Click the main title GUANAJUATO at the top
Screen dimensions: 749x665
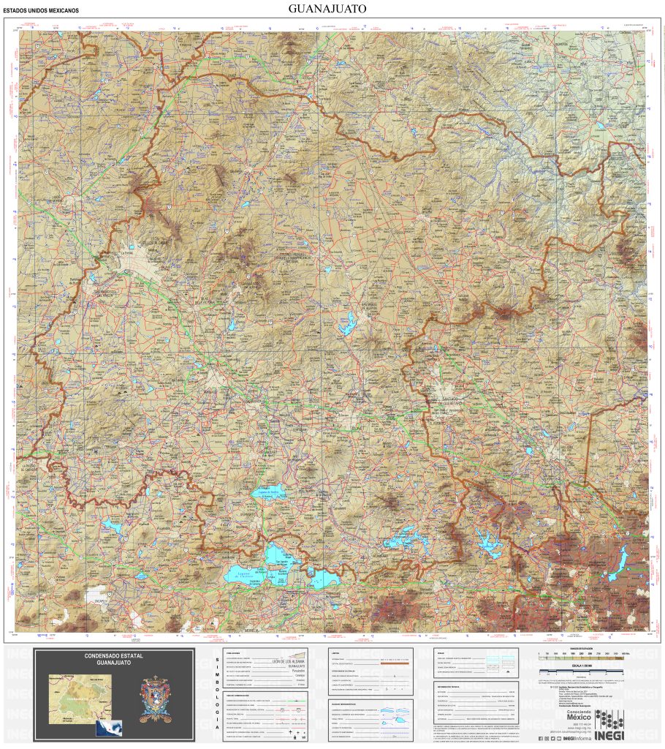click(x=327, y=9)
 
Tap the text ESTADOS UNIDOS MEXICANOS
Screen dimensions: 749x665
click(x=41, y=11)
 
